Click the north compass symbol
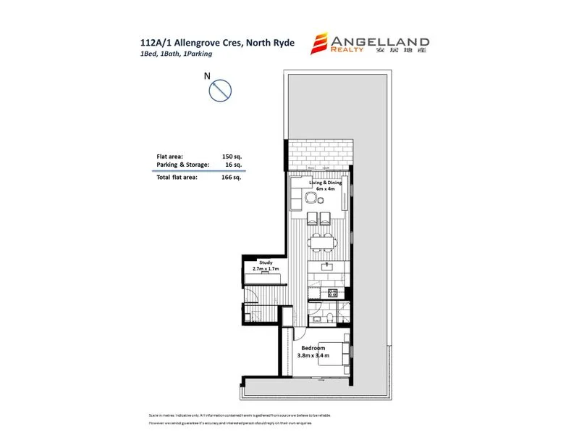point(219,91)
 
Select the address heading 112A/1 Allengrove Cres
point(217,42)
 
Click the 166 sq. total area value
point(231,177)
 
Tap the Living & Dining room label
point(325,183)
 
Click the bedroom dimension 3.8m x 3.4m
point(314,356)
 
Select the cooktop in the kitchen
point(332,293)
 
